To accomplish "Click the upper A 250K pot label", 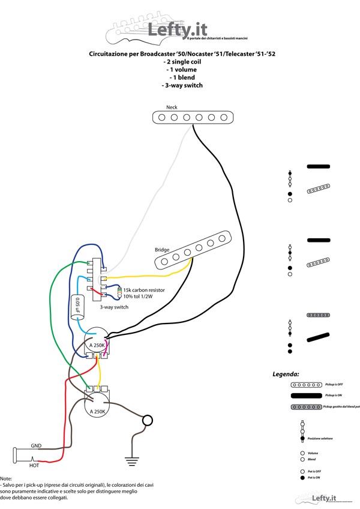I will (x=97, y=345).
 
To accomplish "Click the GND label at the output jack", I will (x=37, y=447).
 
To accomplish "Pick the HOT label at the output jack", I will (x=35, y=464).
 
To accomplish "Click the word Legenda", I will (x=286, y=373).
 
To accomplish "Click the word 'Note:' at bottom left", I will (x=7, y=478).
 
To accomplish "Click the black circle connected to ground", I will (x=147, y=420).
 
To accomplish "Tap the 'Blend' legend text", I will (x=312, y=459).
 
